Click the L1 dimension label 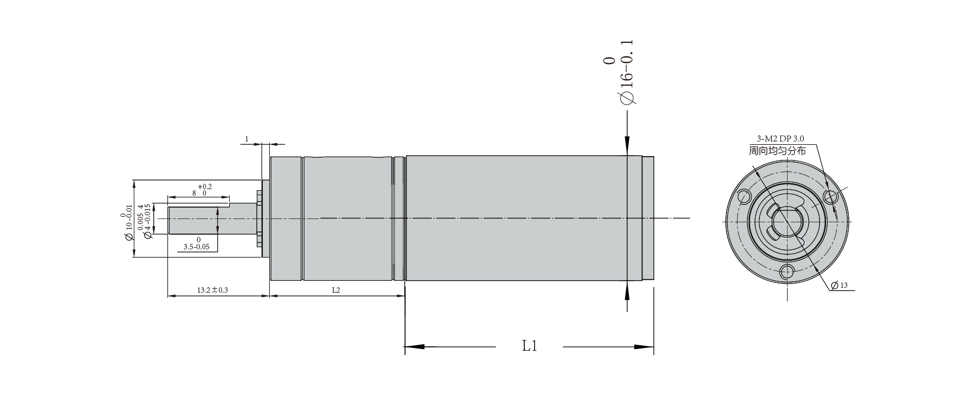pos(529,346)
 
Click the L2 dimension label pos(336,290)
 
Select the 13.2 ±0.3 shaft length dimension pos(212,290)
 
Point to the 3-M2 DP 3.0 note pos(776,139)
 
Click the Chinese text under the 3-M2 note pos(777,151)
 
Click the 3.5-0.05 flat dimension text pos(197,246)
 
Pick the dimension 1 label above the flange pos(246,139)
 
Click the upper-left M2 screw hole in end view pos(744,196)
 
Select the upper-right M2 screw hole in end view pos(830,196)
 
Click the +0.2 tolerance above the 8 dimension pos(205,186)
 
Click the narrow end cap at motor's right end pos(648,218)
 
